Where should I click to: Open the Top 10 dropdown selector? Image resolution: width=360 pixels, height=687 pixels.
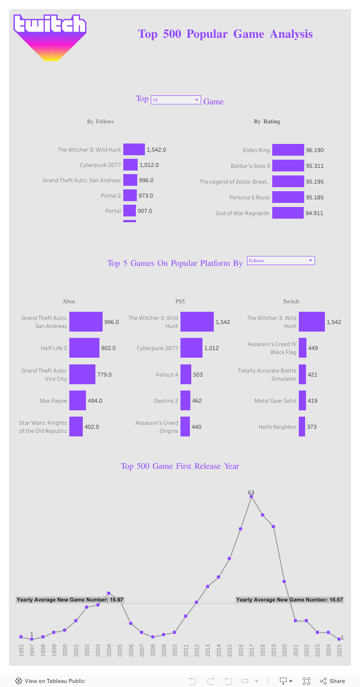175,100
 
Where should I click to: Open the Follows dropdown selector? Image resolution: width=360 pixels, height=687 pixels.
281,260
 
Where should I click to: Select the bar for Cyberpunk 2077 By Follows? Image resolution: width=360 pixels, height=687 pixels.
130,165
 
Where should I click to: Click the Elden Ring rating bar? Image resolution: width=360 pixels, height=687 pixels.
288,150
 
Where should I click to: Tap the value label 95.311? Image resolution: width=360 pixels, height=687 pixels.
315,166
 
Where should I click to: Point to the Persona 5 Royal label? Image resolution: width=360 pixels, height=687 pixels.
250,198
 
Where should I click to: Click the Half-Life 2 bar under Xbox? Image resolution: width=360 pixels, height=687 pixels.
84,348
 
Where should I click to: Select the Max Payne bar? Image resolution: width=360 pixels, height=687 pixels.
77,400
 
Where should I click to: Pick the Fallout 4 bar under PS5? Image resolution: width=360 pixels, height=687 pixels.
186,374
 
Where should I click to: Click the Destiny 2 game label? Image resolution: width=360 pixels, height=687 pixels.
166,400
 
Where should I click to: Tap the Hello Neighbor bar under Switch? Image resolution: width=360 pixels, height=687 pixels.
302,427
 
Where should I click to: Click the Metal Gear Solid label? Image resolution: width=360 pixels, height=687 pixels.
275,400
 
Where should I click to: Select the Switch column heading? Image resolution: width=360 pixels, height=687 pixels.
291,301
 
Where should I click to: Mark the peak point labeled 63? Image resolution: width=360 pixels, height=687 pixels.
252,497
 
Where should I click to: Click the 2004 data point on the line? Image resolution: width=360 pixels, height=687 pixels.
108,593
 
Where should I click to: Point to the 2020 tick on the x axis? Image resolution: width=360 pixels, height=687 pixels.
284,651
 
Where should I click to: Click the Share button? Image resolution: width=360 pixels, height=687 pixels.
333,681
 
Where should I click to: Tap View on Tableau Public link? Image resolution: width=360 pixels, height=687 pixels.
50,681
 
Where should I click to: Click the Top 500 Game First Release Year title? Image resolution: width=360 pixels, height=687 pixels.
180,466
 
